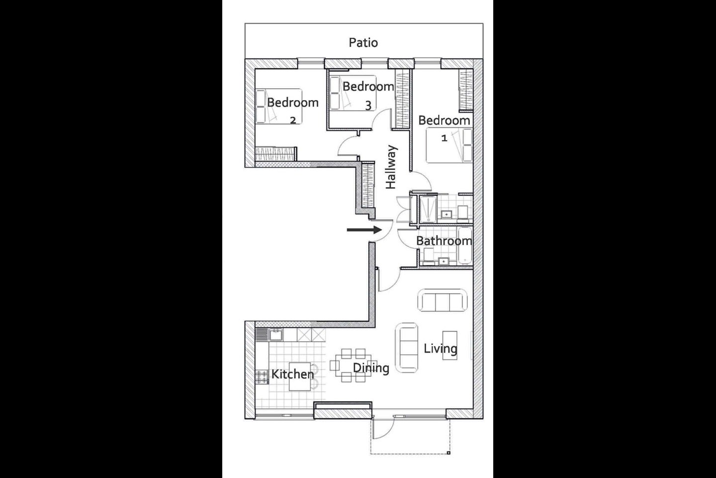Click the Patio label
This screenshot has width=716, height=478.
tap(363, 43)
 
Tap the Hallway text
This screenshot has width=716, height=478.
tap(391, 167)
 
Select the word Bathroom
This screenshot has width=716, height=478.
tap(444, 241)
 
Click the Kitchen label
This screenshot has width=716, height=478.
tap(292, 374)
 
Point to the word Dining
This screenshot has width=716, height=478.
tap(371, 368)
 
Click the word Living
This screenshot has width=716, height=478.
tap(441, 349)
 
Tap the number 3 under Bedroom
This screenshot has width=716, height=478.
tap(368, 106)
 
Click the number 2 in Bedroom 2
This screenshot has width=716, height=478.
tap(293, 120)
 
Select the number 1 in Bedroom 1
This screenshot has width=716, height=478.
tap(444, 138)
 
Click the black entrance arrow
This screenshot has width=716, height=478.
tap(364, 230)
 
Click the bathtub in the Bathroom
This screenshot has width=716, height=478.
tap(465, 245)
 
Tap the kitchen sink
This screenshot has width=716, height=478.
tap(275, 335)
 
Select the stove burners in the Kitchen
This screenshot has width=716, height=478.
tap(262, 377)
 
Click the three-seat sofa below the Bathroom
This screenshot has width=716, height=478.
tap(443, 300)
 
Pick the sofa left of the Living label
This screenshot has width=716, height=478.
tap(407, 348)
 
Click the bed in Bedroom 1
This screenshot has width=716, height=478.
tap(449, 145)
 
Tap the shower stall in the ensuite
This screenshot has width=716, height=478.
tap(428, 209)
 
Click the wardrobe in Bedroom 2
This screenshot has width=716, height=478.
tap(276, 154)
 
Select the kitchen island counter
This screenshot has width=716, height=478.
tap(300, 376)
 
